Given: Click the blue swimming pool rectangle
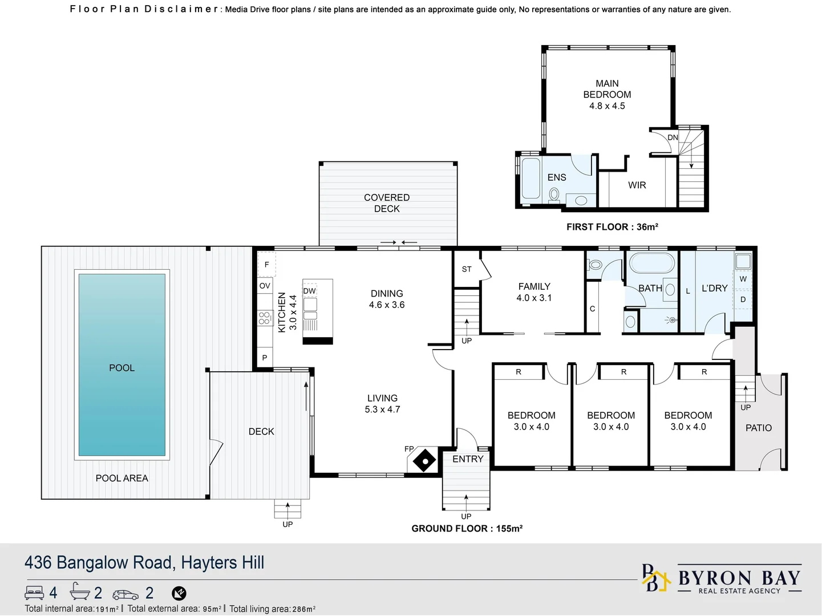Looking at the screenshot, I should click(122, 365).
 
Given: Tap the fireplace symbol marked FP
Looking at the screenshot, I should click(424, 460).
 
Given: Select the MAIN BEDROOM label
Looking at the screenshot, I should click(607, 89).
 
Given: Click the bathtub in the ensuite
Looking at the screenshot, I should click(531, 178).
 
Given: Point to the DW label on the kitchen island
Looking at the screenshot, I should click(309, 291).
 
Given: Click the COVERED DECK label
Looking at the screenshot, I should click(387, 203).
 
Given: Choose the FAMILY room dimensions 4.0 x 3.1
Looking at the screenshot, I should click(534, 298).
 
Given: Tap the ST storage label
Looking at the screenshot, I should click(467, 269).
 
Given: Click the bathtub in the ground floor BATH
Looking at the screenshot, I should click(651, 264).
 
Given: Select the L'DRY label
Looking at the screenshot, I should click(714, 289).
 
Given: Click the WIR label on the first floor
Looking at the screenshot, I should click(637, 185).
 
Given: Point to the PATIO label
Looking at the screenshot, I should click(758, 428).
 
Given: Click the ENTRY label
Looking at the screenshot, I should click(468, 459).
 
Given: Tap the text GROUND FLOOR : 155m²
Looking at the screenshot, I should click(467, 529).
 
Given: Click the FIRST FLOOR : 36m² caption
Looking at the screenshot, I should click(612, 227).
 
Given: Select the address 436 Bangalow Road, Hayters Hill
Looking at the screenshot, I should click(144, 563).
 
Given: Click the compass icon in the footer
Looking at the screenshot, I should click(179, 594).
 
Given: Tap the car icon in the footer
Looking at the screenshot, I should click(125, 594).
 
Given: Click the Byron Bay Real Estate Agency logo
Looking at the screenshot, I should click(722, 579).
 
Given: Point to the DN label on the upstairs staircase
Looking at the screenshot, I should click(673, 137).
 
